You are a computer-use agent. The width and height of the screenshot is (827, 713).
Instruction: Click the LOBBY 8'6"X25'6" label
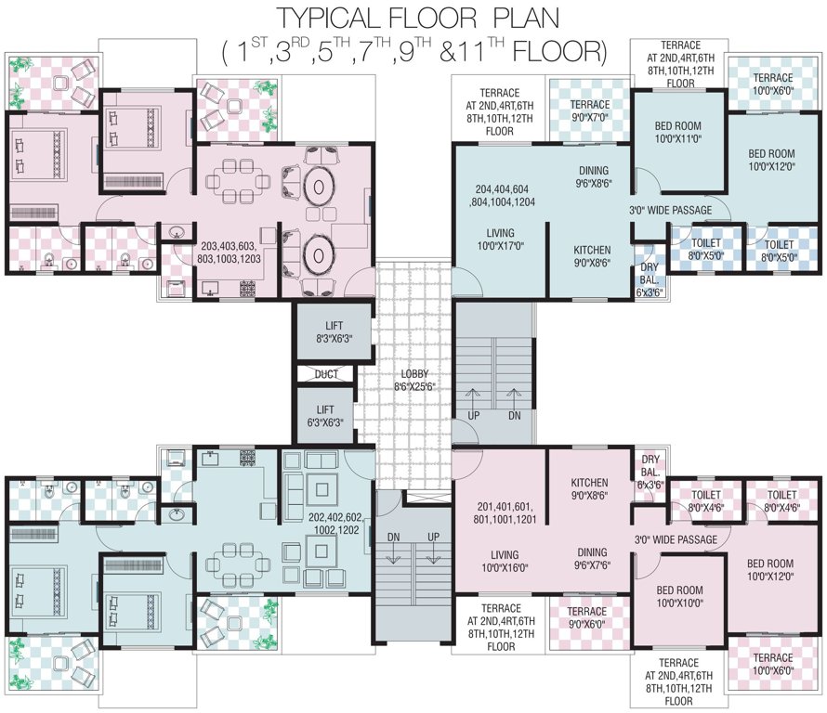pyautogui.click(x=410, y=378)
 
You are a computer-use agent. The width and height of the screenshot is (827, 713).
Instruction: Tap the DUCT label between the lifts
pyautogui.click(x=326, y=374)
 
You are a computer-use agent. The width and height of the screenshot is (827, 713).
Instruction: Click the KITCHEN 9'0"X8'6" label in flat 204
pyautogui.click(x=592, y=256)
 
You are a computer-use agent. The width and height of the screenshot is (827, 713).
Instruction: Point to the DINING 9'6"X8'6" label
pyautogui.click(x=593, y=176)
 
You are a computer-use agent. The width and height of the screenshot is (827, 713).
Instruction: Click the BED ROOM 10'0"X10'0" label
pyautogui.click(x=678, y=595)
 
